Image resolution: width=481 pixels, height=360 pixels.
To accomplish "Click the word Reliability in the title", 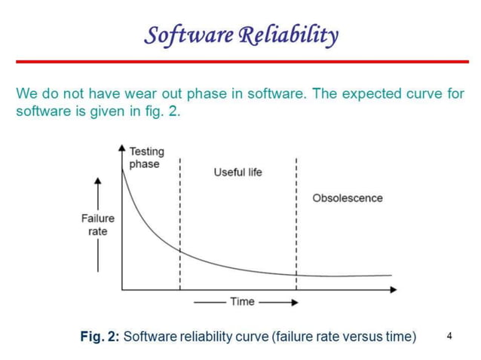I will click(x=288, y=35).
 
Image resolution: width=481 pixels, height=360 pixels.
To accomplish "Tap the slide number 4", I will click(x=450, y=336).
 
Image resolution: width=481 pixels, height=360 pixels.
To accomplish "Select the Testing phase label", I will click(x=146, y=158).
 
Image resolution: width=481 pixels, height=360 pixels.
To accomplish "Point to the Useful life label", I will click(x=237, y=172).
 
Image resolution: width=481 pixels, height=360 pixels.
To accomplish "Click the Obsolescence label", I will click(x=347, y=198).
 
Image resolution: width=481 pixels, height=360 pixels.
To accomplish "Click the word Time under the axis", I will click(x=242, y=301).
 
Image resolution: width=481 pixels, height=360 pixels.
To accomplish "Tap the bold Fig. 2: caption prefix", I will click(x=100, y=337).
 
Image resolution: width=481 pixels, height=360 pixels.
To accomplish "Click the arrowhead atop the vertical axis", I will click(x=122, y=148).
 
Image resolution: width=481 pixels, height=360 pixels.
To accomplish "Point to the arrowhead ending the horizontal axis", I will click(x=393, y=289).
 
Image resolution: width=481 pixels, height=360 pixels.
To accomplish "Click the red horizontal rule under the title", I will click(x=240, y=61).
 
